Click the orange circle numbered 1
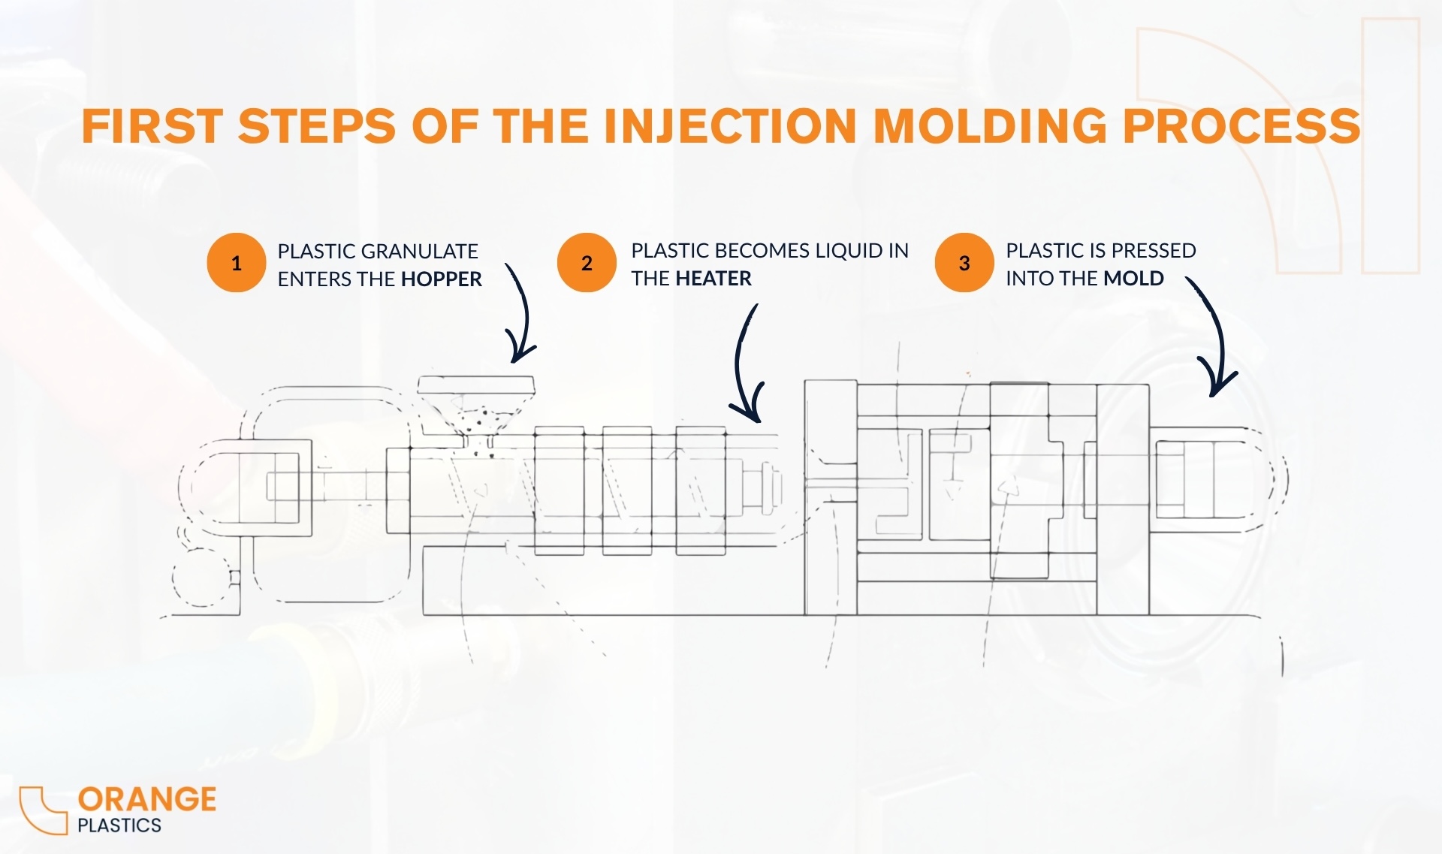pyautogui.click(x=236, y=263)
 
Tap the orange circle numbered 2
pyautogui.click(x=587, y=263)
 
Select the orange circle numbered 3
pyautogui.click(x=964, y=263)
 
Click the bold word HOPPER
pyautogui.click(x=442, y=279)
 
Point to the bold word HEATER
pyautogui.click(x=713, y=279)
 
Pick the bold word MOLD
pyautogui.click(x=1133, y=279)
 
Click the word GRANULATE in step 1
pyautogui.click(x=420, y=251)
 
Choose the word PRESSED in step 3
pyautogui.click(x=1154, y=250)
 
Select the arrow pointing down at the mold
pyautogui.click(x=1212, y=338)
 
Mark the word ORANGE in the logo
pyautogui.click(x=147, y=799)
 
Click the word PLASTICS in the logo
pyautogui.click(x=119, y=825)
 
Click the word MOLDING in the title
pyautogui.click(x=990, y=125)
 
